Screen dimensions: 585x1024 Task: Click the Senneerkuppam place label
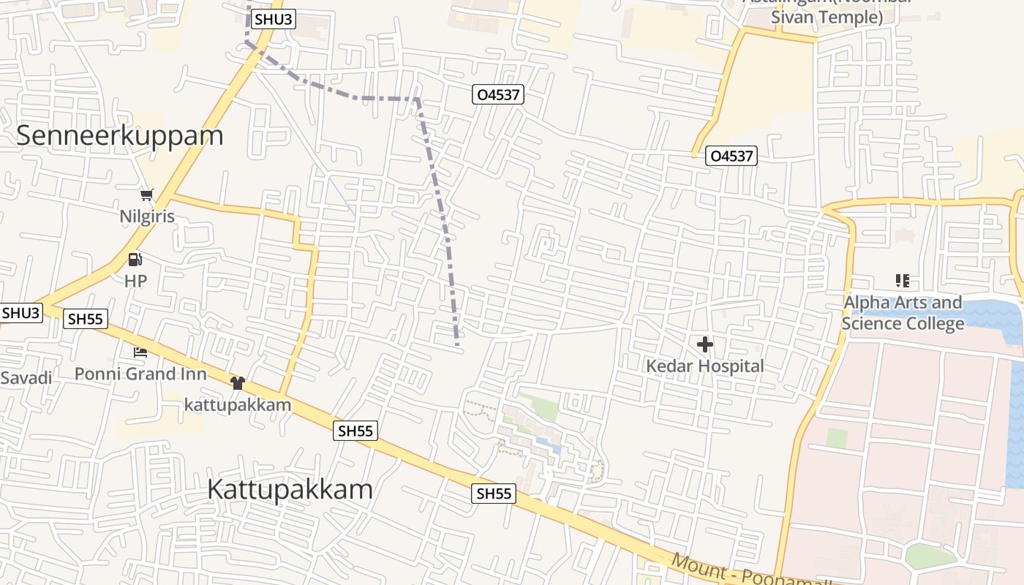[x=119, y=136]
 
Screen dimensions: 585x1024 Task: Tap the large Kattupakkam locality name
[x=290, y=489]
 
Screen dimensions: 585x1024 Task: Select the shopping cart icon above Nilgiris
[x=148, y=195]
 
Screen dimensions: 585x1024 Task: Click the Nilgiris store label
[x=148, y=216]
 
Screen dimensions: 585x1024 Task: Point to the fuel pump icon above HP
[x=135, y=260]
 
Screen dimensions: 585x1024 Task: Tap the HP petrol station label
[x=135, y=281]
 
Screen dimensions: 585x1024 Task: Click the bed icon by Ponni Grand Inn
[x=140, y=352]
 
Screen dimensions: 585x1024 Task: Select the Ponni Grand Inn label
[x=140, y=374]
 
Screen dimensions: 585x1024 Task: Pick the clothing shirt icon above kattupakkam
[x=237, y=383]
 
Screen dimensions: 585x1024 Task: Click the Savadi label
[x=26, y=378]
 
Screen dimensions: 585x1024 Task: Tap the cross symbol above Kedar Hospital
[x=705, y=344]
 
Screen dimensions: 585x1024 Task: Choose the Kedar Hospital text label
[x=705, y=366]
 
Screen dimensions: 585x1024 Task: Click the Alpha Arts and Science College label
[x=903, y=313]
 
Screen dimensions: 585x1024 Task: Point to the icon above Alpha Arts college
[x=902, y=281]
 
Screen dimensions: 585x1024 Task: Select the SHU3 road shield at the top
[x=274, y=20]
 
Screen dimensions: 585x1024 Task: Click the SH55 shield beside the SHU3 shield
[x=86, y=319]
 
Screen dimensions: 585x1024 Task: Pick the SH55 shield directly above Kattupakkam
[x=356, y=431]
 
